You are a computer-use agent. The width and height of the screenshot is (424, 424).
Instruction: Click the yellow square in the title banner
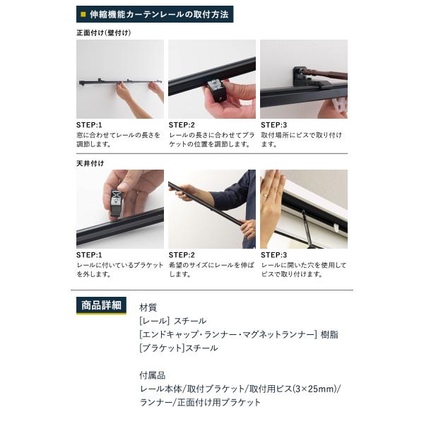click(x=83, y=14)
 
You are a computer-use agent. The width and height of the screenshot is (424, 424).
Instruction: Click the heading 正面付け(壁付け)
click(x=104, y=33)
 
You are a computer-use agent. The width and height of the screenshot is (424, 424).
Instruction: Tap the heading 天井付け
click(x=90, y=163)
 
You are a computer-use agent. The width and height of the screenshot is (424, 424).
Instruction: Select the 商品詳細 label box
click(x=101, y=305)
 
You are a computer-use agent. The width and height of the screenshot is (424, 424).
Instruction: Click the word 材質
click(x=148, y=307)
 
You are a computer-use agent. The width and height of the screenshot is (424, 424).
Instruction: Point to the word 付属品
click(x=152, y=375)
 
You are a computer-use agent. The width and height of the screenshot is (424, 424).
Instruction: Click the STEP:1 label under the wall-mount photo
click(x=89, y=125)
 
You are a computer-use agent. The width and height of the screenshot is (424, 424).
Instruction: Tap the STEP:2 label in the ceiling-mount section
click(x=182, y=255)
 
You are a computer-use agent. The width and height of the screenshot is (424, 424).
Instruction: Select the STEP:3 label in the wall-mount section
click(x=274, y=125)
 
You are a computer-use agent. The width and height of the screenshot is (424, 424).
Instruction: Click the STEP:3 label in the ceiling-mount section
click(x=274, y=255)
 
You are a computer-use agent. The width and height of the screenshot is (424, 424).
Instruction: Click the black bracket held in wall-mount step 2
click(x=217, y=90)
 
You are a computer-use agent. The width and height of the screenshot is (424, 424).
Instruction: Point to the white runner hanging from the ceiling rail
click(x=336, y=228)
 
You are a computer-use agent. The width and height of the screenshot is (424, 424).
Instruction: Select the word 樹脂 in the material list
click(x=329, y=334)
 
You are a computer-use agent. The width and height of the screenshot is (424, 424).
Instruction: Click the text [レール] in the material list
click(x=154, y=321)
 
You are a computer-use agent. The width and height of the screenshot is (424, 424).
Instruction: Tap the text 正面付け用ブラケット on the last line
click(x=219, y=402)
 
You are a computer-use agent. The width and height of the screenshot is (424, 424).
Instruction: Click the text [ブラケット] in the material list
click(x=162, y=348)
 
